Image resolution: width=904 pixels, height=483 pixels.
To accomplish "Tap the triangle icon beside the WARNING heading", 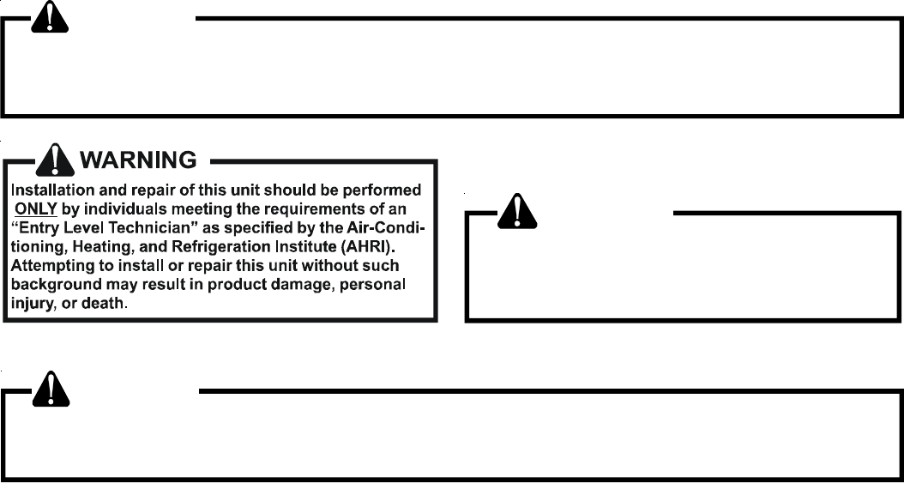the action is pyautogui.click(x=57, y=160).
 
